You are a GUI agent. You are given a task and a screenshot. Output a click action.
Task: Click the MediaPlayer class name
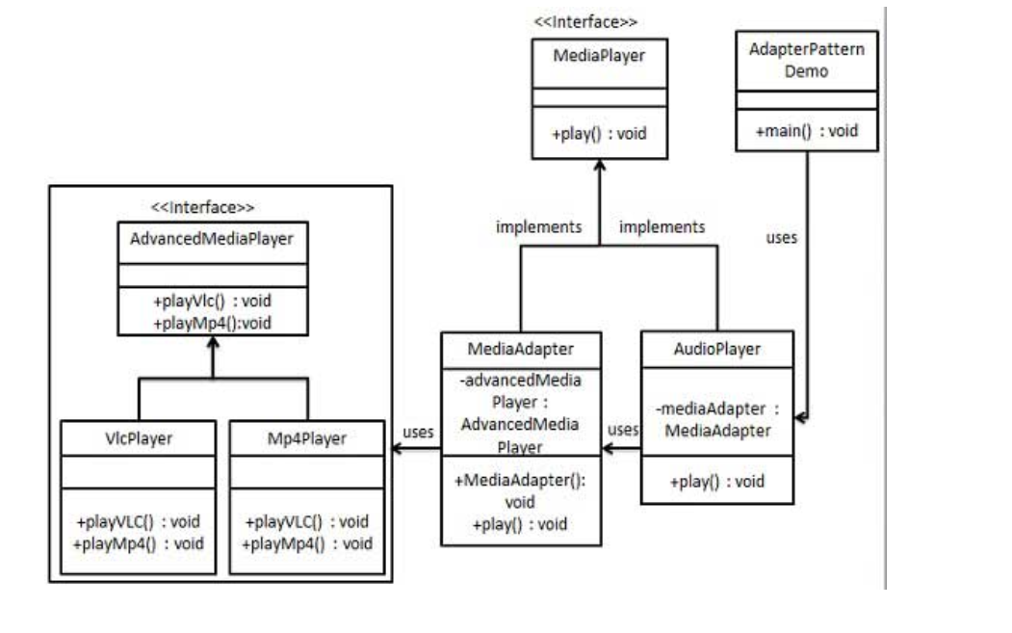pos(598,56)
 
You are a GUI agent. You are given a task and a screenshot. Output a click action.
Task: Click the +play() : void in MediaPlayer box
pos(598,134)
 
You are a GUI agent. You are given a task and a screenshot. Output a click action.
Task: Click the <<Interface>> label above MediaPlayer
pos(585,20)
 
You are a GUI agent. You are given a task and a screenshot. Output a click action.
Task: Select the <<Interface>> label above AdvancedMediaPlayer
pos(203,206)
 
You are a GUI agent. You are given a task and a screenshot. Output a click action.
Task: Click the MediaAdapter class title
pos(521,348)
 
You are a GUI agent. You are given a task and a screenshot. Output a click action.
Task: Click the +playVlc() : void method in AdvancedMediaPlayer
pos(212,301)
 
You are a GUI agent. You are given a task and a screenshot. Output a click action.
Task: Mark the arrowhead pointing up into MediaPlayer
pos(599,167)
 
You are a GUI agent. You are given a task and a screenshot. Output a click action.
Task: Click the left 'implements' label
pos(538,227)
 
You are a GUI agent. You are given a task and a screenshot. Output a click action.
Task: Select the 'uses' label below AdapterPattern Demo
pos(781,237)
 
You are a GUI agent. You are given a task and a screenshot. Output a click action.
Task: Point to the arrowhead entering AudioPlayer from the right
pos(801,417)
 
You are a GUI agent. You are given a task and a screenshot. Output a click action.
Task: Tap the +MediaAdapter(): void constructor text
pos(521,491)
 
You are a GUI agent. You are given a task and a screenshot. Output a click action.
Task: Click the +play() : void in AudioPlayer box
pos(718,481)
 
